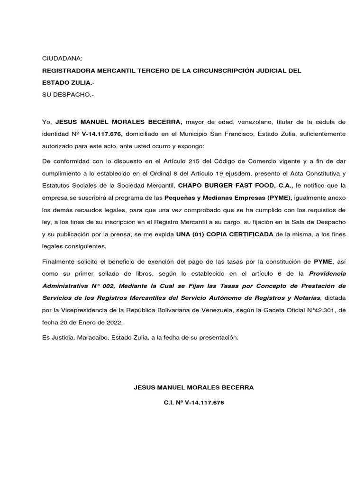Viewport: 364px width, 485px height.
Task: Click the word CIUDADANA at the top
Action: [x=62, y=58]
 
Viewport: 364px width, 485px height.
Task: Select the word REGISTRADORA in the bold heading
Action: [x=69, y=71]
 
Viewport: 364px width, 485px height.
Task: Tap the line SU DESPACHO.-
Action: [x=68, y=95]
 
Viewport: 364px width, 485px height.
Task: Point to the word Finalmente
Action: [x=59, y=261]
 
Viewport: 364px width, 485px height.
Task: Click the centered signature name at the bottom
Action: [x=194, y=387]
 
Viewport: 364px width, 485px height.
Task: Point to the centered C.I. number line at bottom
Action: [x=194, y=403]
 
